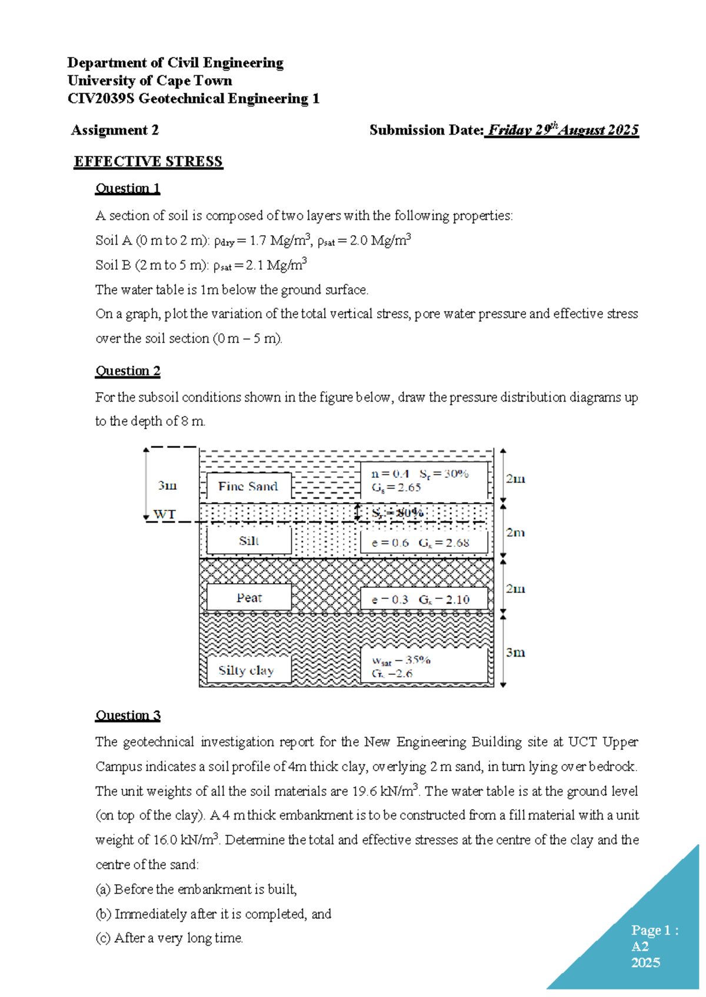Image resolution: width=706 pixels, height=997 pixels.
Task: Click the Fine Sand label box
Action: (248, 486)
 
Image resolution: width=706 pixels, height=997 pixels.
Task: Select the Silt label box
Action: (248, 541)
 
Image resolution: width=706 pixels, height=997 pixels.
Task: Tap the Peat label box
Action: (248, 598)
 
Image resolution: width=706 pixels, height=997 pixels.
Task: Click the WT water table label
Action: (164, 514)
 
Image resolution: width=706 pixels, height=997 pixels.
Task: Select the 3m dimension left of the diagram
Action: (167, 486)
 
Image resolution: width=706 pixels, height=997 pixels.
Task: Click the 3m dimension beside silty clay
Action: (515, 653)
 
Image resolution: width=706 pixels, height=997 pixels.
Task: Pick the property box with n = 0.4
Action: (424, 480)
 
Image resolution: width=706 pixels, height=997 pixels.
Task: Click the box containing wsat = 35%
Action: (424, 666)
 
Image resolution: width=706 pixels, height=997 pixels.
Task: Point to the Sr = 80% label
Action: (398, 513)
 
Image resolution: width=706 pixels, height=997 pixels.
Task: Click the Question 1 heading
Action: (128, 188)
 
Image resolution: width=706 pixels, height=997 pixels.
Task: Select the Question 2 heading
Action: (128, 371)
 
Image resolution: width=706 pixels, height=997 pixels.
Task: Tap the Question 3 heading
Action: (128, 715)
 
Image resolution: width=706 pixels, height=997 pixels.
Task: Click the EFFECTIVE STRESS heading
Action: (148, 162)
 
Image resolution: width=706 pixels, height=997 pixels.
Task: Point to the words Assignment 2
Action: (115, 130)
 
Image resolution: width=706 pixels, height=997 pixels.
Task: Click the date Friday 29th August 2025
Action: (563, 130)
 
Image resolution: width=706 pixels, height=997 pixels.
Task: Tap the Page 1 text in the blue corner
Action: (654, 931)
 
